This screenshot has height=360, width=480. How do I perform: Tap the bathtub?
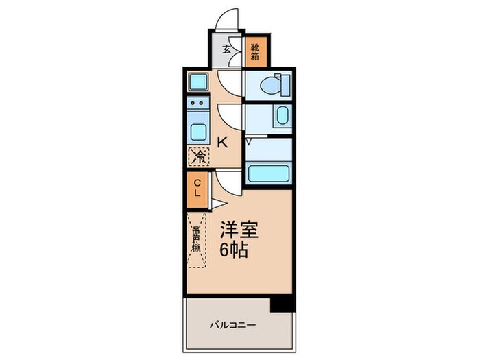tap(270, 173)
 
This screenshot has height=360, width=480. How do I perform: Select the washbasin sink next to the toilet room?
tap(282, 117)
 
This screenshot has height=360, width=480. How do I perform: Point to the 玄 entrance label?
tap(226, 49)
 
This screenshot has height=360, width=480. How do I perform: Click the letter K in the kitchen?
tap(221, 143)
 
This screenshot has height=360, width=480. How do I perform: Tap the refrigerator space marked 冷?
tap(199, 157)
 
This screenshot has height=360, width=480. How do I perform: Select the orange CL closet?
tap(197, 187)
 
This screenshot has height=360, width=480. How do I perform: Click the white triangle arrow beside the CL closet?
tap(215, 204)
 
